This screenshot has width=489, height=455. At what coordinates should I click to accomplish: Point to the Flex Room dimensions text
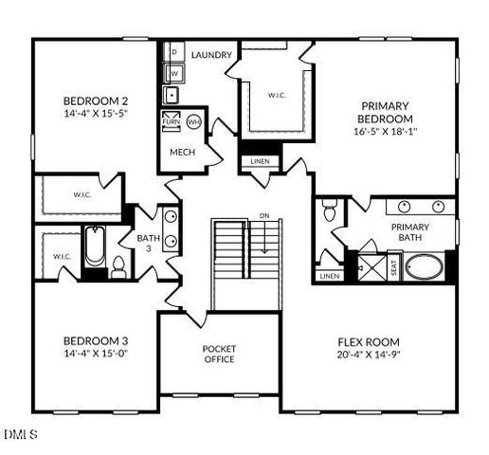pos(369,355)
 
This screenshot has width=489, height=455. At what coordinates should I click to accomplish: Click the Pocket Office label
pos(219,354)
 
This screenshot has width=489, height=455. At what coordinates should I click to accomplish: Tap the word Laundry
pos(211,55)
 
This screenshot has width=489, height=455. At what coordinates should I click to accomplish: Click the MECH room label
pos(182,152)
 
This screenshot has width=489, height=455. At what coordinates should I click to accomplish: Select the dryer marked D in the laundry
pos(174,50)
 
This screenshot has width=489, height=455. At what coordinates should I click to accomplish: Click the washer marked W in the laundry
pos(174,72)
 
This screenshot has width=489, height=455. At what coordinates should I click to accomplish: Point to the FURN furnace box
pos(172,122)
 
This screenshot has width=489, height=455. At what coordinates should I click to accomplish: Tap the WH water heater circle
pos(193,122)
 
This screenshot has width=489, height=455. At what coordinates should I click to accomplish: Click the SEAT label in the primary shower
pos(394,268)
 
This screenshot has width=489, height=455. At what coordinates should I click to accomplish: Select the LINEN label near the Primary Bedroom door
pos(260,161)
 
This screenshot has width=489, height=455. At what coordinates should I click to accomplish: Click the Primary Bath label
pos(409,233)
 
